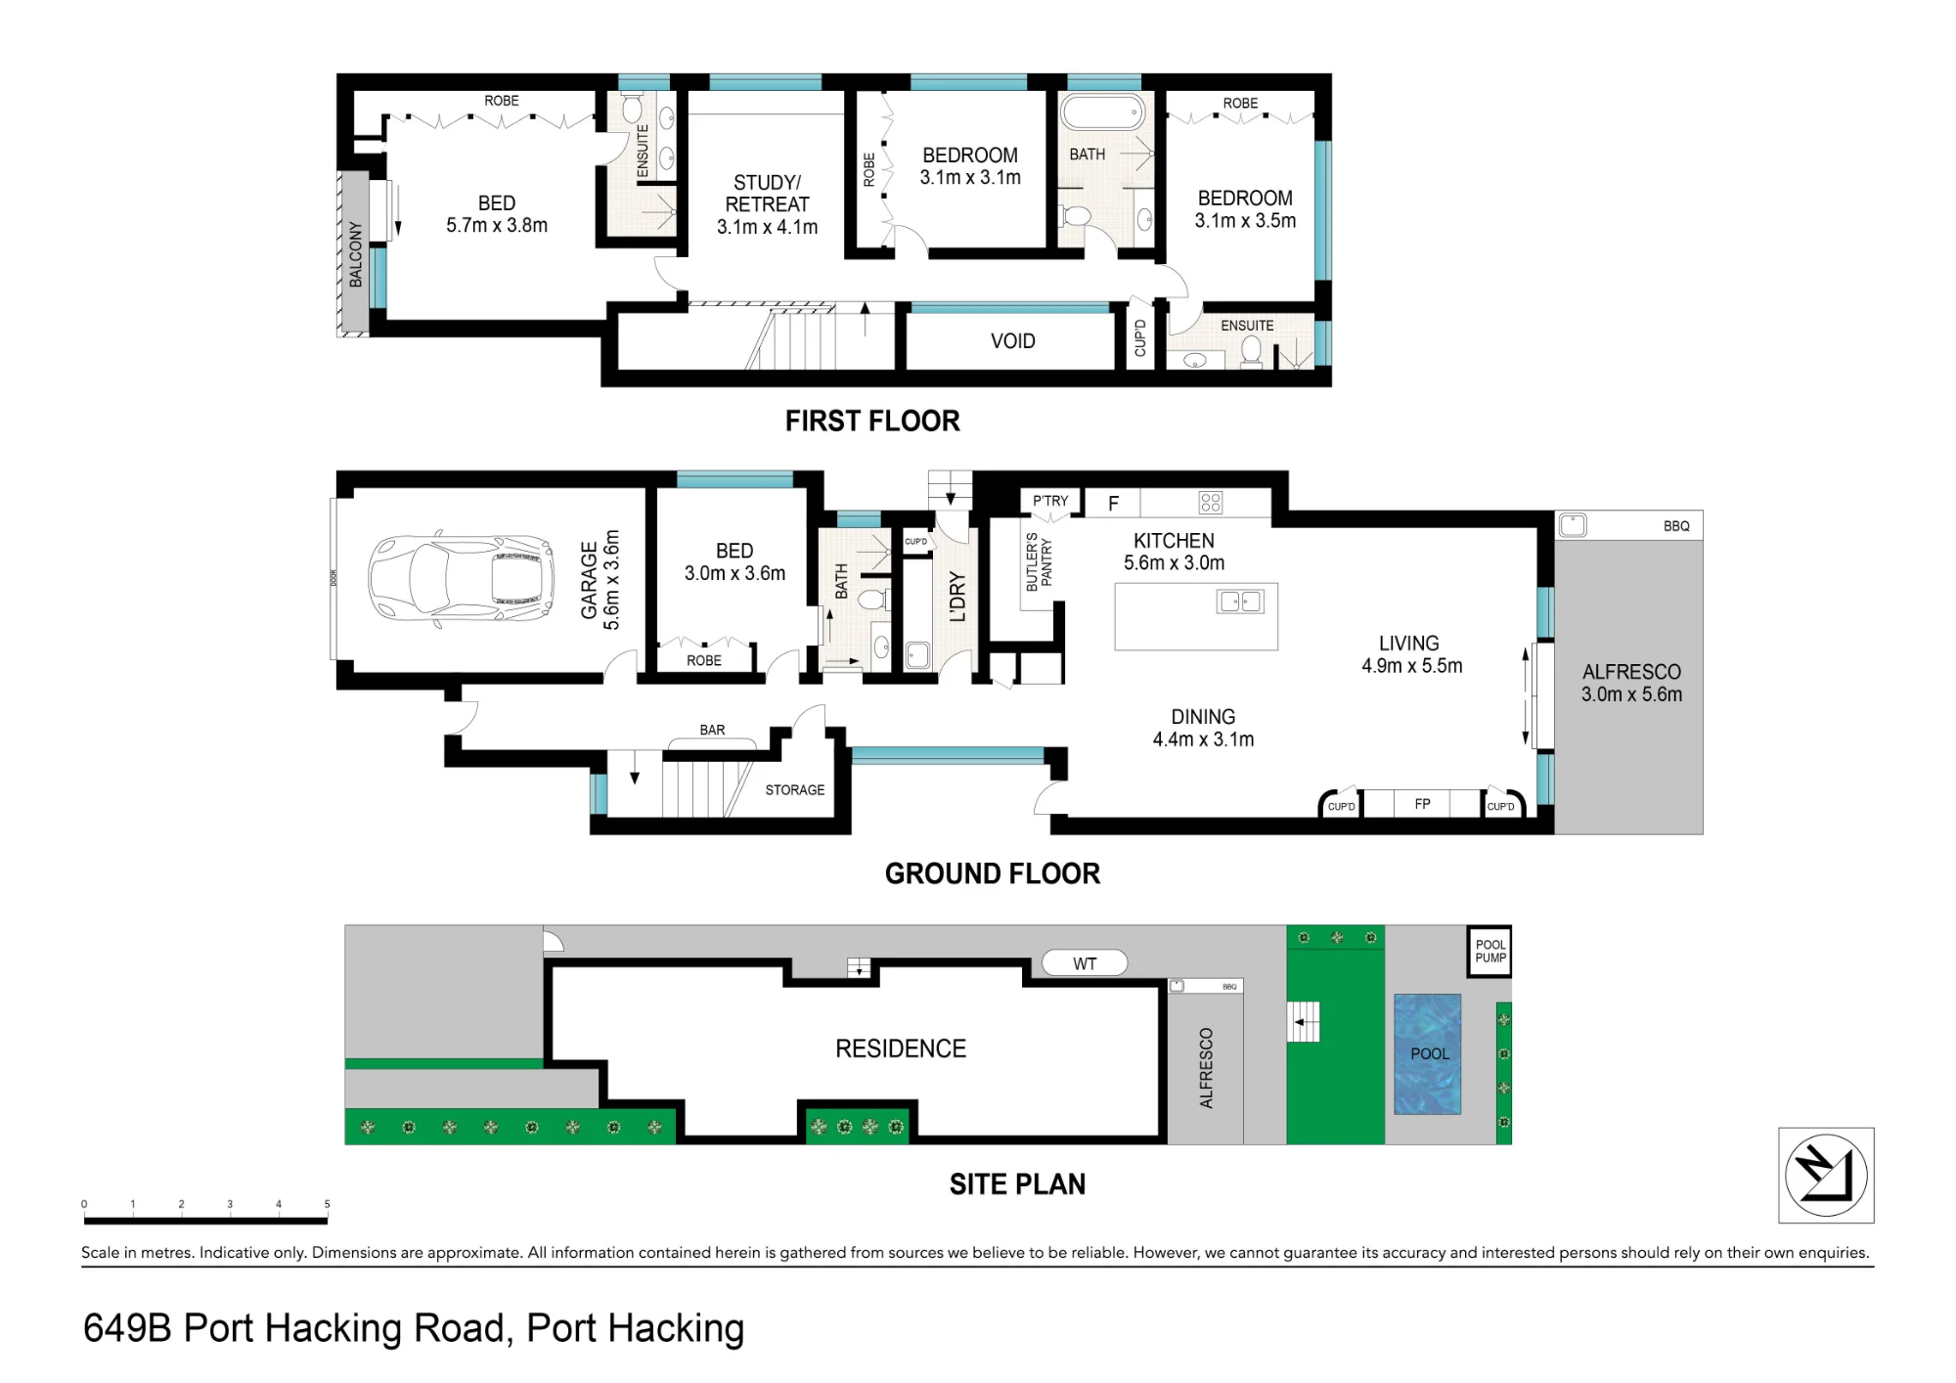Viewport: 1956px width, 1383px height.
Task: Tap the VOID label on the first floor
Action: [1012, 341]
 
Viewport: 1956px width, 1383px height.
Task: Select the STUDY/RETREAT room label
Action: [768, 194]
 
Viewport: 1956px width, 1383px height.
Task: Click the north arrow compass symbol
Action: [1826, 1175]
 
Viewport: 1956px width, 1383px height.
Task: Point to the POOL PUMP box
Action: [1489, 952]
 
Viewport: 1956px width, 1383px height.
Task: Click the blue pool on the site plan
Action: [1427, 1054]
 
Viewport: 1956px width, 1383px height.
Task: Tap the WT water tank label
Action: [1085, 963]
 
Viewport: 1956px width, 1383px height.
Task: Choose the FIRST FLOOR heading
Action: [872, 422]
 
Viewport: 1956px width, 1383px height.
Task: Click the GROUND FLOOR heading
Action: [993, 873]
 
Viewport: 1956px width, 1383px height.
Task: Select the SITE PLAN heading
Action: [1017, 1184]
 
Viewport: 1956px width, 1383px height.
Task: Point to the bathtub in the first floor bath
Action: [1103, 112]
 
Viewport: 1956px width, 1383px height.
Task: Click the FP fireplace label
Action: [1422, 804]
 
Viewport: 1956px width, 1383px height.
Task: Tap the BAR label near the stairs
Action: [712, 730]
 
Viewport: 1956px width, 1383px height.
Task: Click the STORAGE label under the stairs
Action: [795, 790]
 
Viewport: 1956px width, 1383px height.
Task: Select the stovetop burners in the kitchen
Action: [1211, 503]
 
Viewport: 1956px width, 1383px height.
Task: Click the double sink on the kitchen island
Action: [1240, 602]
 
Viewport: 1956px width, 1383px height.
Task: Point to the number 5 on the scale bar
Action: [327, 1204]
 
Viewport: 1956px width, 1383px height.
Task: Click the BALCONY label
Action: [356, 254]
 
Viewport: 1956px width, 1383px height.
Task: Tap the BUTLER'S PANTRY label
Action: [1039, 561]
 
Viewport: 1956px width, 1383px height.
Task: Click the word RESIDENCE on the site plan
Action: [901, 1048]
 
